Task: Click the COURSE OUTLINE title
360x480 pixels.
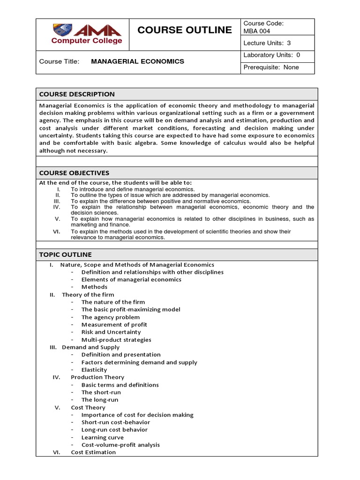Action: [x=184, y=30]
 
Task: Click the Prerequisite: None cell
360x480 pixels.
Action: [x=271, y=67]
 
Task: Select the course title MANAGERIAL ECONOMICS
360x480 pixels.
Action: [x=137, y=61]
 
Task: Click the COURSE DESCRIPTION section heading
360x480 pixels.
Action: [x=77, y=94]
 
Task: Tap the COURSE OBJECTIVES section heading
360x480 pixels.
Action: [x=74, y=173]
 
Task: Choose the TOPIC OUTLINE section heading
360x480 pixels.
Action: [x=66, y=255]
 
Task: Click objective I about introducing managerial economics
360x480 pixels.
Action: [x=133, y=189]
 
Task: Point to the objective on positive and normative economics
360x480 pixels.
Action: [x=161, y=201]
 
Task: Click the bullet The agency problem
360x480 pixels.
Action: [x=110, y=317]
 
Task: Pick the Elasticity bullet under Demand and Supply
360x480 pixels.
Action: [x=94, y=370]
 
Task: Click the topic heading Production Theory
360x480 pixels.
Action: [x=97, y=377]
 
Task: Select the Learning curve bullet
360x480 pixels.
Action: [x=103, y=437]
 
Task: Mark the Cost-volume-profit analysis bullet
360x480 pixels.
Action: [x=120, y=445]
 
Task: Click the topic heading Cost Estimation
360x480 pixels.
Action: [x=93, y=452]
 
